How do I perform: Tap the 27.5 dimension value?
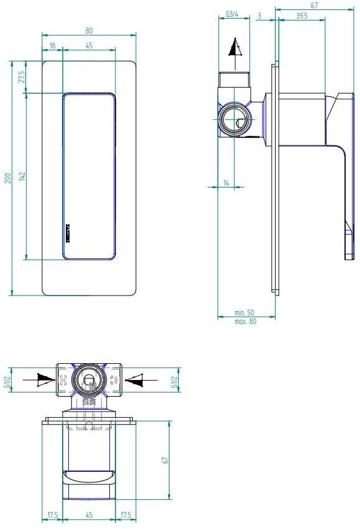click(x=22, y=78)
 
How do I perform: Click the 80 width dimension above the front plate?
click(x=89, y=30)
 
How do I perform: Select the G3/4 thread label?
click(x=233, y=14)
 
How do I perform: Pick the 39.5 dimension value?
click(x=302, y=16)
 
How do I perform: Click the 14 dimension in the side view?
click(x=226, y=183)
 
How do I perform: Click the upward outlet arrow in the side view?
click(x=234, y=50)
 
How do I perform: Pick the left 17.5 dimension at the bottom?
click(x=53, y=515)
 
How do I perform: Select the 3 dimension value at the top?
click(x=258, y=14)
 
